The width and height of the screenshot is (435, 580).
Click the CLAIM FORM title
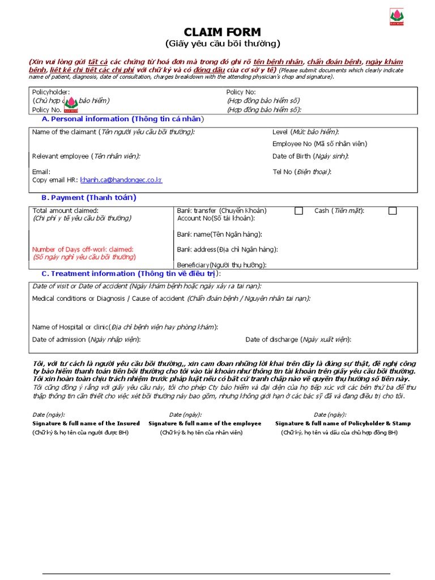(223, 32)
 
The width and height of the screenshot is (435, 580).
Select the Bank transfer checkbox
(298, 211)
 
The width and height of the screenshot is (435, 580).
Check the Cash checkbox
(393, 211)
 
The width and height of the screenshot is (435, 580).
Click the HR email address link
(121, 180)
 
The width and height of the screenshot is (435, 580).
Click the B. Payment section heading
(88, 198)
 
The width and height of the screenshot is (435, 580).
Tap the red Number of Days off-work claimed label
(83, 249)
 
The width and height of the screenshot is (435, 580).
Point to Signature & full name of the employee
(204, 423)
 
